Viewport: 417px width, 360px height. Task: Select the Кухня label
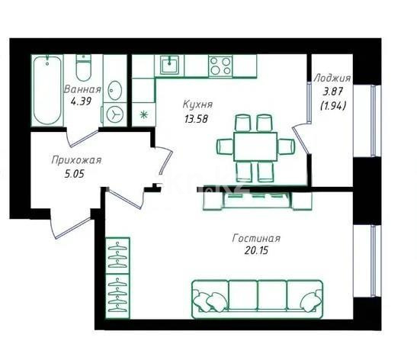197,104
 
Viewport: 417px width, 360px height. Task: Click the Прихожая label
75,160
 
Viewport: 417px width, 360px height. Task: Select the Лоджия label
332,78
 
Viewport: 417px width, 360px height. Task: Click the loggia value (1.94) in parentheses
333,105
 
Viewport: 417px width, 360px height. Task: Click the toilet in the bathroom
84,67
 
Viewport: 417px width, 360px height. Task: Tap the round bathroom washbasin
115,89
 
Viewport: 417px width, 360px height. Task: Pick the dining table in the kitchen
253,145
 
